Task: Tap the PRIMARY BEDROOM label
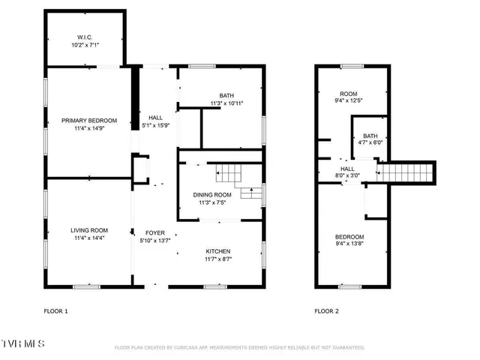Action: click(x=89, y=121)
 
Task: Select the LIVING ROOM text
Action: click(x=89, y=230)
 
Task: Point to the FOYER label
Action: click(x=155, y=232)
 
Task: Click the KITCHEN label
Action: click(x=218, y=251)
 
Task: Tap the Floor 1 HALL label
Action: click(x=155, y=118)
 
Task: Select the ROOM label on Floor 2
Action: click(x=349, y=94)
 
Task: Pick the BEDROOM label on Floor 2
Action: click(x=349, y=237)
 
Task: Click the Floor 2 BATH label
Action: click(x=370, y=135)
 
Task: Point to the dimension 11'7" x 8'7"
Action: click(x=218, y=259)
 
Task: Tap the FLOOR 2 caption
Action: click(x=327, y=310)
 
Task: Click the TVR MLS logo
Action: click(x=22, y=343)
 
